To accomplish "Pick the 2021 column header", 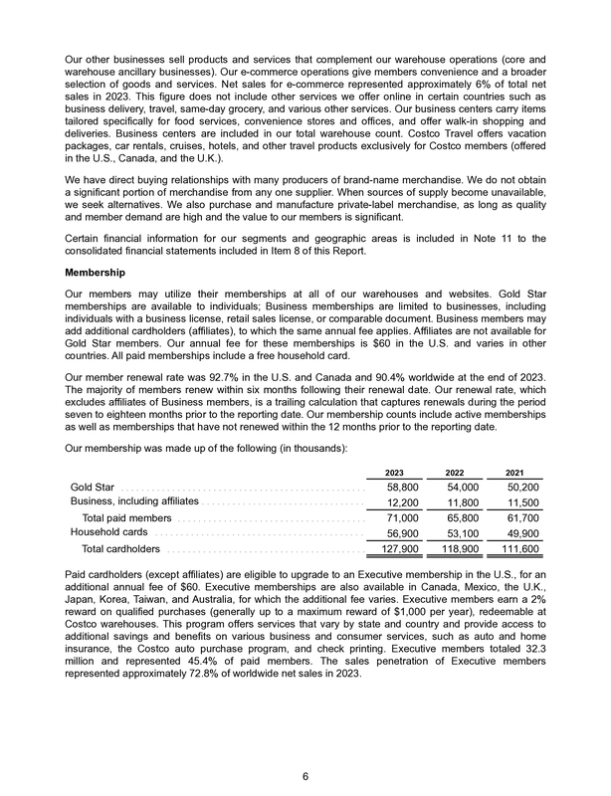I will (x=516, y=471).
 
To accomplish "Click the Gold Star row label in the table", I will (x=92, y=488).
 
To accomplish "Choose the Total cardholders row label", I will (x=121, y=548).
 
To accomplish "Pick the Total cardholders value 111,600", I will (x=517, y=548).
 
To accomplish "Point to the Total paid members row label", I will (x=127, y=518).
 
